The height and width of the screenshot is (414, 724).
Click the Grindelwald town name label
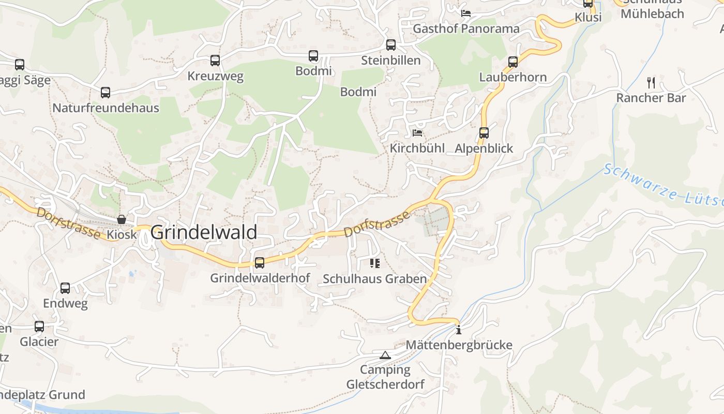(x=204, y=232)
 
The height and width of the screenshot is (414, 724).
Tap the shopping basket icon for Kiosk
(x=122, y=219)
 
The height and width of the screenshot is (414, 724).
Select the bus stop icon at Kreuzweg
(x=215, y=61)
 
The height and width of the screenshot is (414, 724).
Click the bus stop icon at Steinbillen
(x=391, y=45)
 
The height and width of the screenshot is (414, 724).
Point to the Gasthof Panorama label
(x=466, y=28)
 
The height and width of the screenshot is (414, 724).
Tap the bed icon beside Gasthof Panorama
(x=466, y=13)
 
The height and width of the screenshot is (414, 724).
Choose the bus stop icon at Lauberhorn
(x=513, y=62)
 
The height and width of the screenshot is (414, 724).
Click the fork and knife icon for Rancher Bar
(x=651, y=82)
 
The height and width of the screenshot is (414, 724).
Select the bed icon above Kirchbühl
(x=417, y=133)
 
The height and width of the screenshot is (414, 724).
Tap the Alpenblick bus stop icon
(x=484, y=133)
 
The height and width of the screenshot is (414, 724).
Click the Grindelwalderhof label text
(x=260, y=278)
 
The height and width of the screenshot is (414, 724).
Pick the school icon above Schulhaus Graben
(x=375, y=263)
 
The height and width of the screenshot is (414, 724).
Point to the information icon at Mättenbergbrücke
(x=459, y=330)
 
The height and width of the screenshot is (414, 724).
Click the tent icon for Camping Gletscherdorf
(x=385, y=355)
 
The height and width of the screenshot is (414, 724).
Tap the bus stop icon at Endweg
(x=65, y=288)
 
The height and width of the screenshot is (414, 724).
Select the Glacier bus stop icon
(x=39, y=327)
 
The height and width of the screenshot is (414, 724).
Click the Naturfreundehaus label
(x=105, y=108)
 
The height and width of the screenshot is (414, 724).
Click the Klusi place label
(x=588, y=18)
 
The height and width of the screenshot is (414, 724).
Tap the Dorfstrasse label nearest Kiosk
(x=68, y=223)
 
